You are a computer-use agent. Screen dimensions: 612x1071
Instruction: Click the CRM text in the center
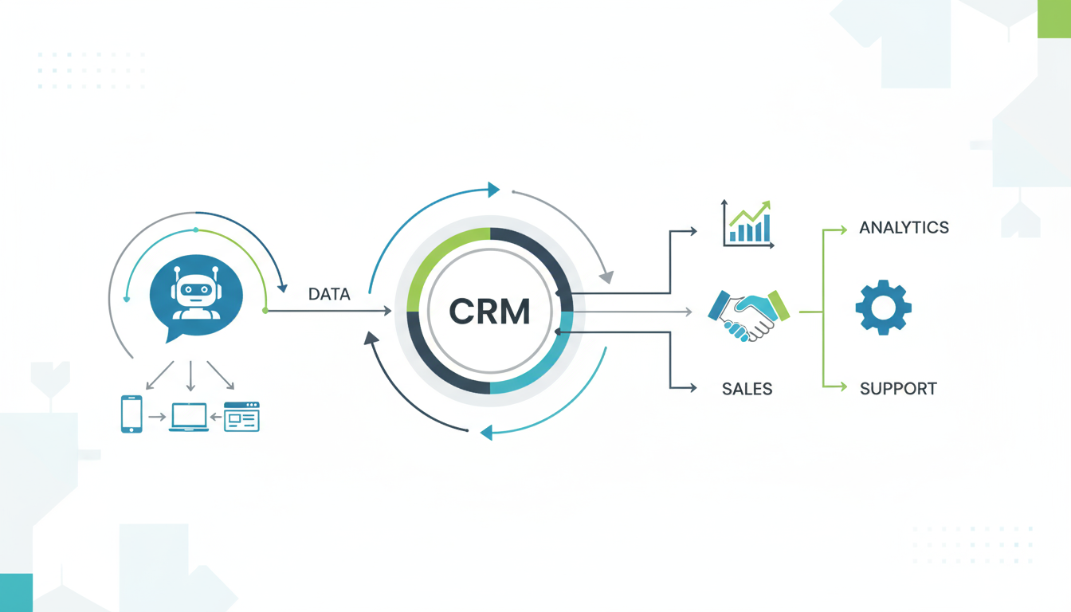(489, 311)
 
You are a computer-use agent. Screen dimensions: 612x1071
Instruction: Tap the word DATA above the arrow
(329, 294)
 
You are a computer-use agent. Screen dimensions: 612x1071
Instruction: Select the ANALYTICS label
(904, 228)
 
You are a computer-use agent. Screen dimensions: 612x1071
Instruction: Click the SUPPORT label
(898, 389)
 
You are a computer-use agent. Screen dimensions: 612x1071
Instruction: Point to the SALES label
(747, 389)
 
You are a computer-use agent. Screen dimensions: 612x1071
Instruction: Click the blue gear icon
(883, 307)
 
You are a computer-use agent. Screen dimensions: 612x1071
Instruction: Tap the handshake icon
(748, 314)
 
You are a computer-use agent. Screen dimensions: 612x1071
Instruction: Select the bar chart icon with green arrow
(748, 224)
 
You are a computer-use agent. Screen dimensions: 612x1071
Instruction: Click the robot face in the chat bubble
(196, 292)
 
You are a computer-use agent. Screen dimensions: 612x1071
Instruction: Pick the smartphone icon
(131, 414)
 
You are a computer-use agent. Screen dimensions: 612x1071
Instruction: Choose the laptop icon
(189, 417)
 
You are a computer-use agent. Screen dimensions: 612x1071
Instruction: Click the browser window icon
(241, 417)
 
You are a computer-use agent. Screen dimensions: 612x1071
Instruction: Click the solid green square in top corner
(1053, 18)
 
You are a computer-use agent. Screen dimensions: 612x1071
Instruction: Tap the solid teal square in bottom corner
(16, 592)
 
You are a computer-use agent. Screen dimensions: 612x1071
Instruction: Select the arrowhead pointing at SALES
(692, 388)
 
